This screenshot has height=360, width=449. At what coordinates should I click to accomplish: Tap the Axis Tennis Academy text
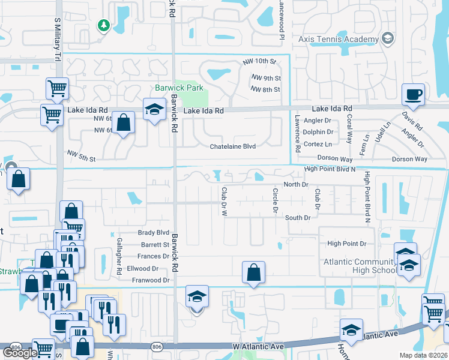coord(339,40)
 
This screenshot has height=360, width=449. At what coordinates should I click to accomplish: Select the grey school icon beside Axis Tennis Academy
coord(388,39)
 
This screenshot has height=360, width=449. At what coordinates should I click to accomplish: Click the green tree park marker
coord(104,25)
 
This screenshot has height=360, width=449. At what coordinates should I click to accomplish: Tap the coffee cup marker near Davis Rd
coord(413,94)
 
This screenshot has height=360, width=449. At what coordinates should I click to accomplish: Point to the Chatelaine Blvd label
coord(233,147)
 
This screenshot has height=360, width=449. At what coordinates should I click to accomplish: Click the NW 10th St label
coord(259,62)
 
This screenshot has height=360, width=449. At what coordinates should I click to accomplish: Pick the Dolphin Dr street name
coord(318,132)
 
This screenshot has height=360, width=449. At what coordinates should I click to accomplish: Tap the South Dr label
coord(297,218)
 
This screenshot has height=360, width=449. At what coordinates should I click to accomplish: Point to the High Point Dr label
coord(346,244)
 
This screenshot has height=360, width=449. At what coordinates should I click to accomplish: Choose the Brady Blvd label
coord(154,232)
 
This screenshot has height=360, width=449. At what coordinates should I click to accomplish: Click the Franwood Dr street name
coord(150,280)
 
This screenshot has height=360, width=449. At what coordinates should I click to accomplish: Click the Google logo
coord(20,353)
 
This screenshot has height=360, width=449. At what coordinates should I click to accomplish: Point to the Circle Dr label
coord(276,200)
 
